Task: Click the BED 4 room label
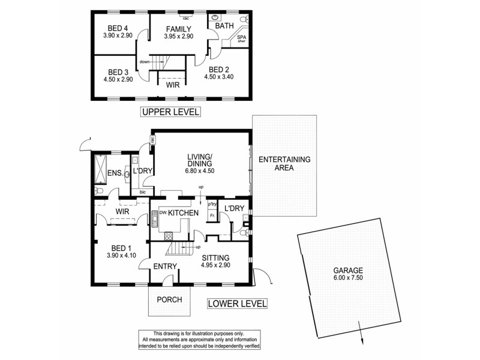pyautogui.click(x=118, y=28)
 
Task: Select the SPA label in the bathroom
pyautogui.click(x=242, y=37)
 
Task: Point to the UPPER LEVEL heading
pyautogui.click(x=170, y=112)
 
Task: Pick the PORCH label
pyautogui.click(x=169, y=299)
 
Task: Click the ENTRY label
pyautogui.click(x=164, y=266)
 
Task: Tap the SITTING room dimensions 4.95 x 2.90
pyautogui.click(x=215, y=265)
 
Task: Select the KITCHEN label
pyautogui.click(x=183, y=213)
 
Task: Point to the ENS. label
pyautogui.click(x=115, y=174)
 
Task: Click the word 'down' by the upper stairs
pyautogui.click(x=144, y=62)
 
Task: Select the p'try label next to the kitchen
pyautogui.click(x=212, y=205)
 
